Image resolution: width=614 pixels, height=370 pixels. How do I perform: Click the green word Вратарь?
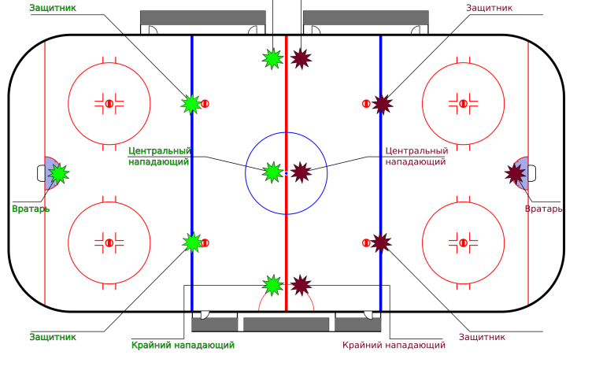[31, 209]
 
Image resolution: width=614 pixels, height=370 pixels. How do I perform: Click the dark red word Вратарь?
[544, 209]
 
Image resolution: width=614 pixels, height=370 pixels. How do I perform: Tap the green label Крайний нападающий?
[183, 345]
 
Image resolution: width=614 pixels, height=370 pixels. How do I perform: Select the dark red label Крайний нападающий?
[394, 345]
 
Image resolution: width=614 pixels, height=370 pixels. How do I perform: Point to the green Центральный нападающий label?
[160, 156]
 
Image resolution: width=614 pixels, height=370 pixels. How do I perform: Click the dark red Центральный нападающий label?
[416, 156]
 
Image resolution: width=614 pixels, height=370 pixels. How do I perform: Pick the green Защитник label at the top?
[53, 8]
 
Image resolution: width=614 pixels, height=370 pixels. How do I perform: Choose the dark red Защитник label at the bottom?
[482, 337]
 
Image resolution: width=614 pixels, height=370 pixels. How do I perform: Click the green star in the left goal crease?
[57, 173]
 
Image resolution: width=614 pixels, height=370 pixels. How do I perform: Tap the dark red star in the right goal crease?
[516, 173]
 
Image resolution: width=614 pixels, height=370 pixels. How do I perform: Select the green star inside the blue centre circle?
[272, 172]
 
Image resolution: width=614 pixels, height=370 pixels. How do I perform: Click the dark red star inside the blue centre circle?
[301, 172]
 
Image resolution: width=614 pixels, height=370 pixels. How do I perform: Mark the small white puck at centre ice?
[287, 173]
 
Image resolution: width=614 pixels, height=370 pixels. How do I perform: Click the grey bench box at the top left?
[202, 17]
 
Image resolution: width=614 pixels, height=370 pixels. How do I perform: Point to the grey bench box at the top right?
[365, 17]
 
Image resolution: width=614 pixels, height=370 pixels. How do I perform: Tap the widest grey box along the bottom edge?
[286, 324]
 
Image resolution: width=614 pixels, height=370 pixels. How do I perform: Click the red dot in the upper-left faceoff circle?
[109, 103]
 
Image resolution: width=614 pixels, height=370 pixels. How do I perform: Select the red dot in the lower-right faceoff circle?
[463, 242]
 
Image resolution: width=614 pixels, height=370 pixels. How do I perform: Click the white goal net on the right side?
[532, 173]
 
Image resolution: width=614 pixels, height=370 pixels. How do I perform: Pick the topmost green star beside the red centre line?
[272, 58]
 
